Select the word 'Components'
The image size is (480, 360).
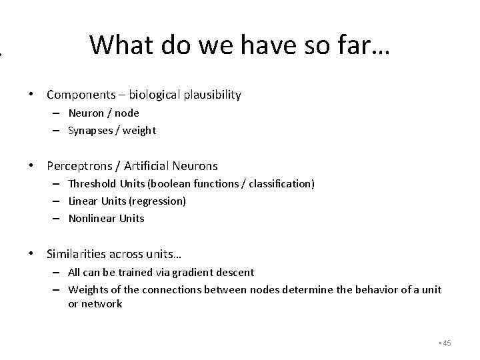(80, 95)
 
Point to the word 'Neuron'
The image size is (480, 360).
(85, 113)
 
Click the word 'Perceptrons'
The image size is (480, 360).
(79, 165)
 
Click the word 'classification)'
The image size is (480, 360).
(280, 183)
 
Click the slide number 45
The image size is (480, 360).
(447, 343)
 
